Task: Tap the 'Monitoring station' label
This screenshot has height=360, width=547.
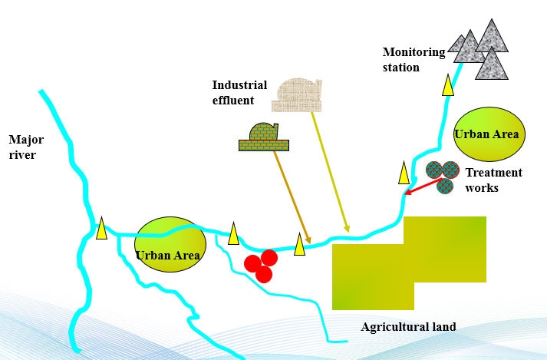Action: coord(414,59)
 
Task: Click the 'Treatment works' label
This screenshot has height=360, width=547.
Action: coord(493,180)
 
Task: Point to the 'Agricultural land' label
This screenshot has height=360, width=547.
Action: coord(408,327)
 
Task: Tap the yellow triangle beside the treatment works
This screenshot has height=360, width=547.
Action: coord(404,173)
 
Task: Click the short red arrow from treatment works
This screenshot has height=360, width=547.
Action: coord(418,186)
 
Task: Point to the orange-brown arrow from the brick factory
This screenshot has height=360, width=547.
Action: coord(292,197)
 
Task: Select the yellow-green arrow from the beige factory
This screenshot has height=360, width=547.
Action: coord(331,173)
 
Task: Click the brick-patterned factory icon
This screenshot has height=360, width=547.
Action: coord(264,137)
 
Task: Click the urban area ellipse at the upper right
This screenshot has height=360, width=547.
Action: coord(489,134)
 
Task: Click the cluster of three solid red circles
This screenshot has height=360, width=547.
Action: coord(262,266)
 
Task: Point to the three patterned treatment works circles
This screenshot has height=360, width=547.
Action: coord(442,176)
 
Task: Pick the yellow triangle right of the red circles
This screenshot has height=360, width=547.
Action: coord(299,244)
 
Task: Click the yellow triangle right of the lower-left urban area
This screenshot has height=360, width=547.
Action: coord(233,233)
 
